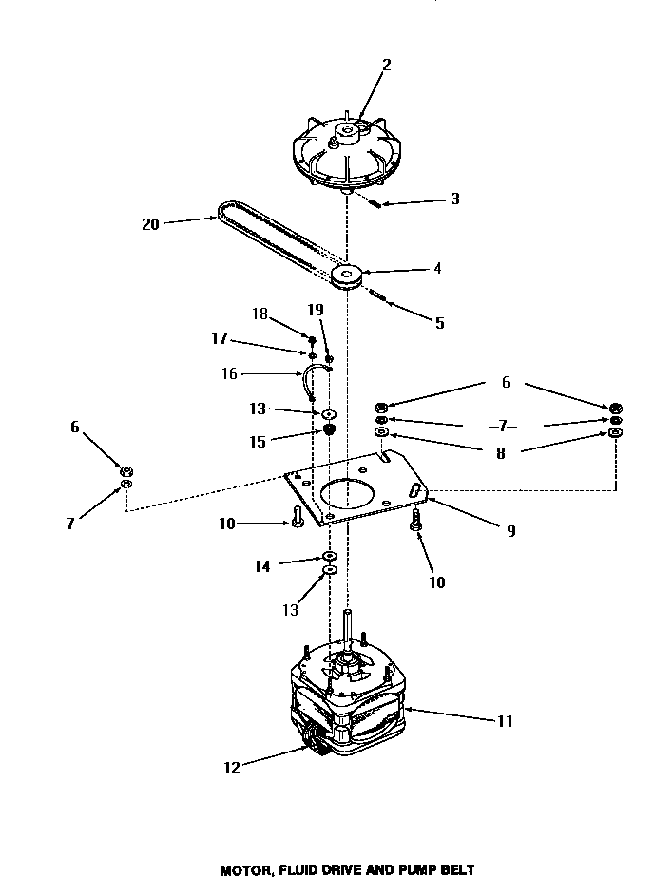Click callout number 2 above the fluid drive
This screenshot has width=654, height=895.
pos(386,65)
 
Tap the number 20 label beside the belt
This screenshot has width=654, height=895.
pos(150,224)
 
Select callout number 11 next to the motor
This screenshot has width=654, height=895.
pos(505,721)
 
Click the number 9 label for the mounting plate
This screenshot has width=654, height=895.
pos(510,531)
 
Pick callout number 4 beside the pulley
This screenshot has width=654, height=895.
pos(436,269)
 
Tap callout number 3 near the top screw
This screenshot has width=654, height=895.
pos(455,200)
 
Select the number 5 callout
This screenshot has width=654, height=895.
pos(439,323)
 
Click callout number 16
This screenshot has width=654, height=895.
pos(229,373)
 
